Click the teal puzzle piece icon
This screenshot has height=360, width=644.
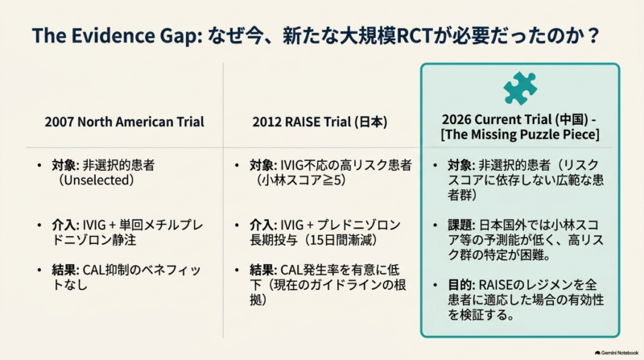[520, 88]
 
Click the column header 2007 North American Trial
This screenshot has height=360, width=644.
[124, 122]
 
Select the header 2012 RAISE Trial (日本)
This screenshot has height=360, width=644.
[320, 122]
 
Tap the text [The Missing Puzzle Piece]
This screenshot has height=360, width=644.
[520, 134]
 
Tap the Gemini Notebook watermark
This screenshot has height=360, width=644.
[617, 353]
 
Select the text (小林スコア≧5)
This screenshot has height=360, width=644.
[300, 180]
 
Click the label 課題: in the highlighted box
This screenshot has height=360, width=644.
[461, 226]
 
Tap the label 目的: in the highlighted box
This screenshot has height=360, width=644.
[461, 285]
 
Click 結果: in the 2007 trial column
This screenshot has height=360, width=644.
[66, 270]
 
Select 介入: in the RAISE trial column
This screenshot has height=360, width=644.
[263, 226]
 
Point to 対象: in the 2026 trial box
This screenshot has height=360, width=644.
[461, 165]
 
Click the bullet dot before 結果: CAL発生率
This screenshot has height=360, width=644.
[237, 271]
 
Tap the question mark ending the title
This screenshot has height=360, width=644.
[593, 35]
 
